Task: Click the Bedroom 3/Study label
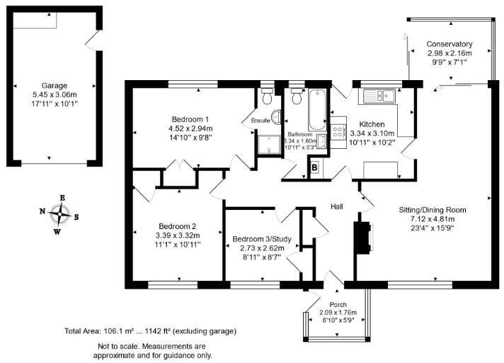pyautogui.click(x=258, y=238)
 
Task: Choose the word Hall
pyautogui.click(x=337, y=206)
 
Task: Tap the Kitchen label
pyautogui.click(x=371, y=123)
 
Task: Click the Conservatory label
pyautogui.click(x=449, y=44)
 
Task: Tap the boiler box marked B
pyautogui.click(x=314, y=167)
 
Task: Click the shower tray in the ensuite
pyautogui.click(x=268, y=145)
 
